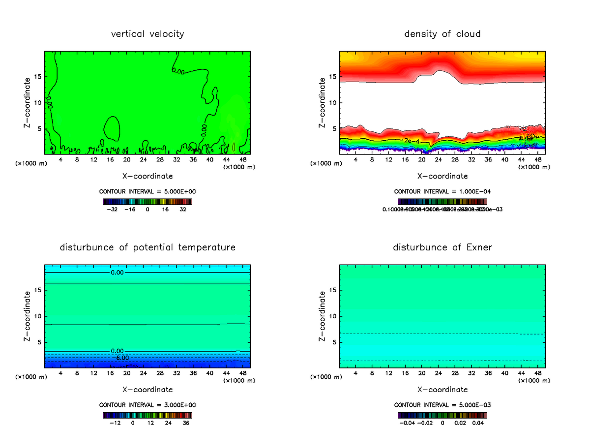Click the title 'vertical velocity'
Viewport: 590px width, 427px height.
(x=147, y=34)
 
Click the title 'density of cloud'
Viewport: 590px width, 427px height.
(x=442, y=34)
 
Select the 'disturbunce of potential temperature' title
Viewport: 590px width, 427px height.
(x=147, y=247)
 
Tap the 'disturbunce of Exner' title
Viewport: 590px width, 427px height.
(x=442, y=247)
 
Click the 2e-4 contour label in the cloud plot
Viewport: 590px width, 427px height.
(x=412, y=141)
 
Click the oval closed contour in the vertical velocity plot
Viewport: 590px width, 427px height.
(x=112, y=129)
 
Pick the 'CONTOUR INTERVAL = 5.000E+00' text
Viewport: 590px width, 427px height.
(x=147, y=191)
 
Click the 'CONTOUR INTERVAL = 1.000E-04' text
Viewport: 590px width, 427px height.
(x=442, y=191)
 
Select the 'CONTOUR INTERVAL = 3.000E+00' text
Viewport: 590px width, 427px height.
(x=147, y=405)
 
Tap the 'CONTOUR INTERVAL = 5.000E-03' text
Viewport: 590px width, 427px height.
(x=442, y=405)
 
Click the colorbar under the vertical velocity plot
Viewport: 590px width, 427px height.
(x=147, y=202)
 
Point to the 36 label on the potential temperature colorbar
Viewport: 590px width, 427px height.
(x=186, y=422)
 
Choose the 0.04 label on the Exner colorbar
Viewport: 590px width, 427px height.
(x=478, y=422)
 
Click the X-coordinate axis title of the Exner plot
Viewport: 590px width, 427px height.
(x=442, y=390)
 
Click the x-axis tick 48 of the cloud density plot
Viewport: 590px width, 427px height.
(x=537, y=160)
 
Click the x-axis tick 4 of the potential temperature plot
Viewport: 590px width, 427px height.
(x=60, y=373)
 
